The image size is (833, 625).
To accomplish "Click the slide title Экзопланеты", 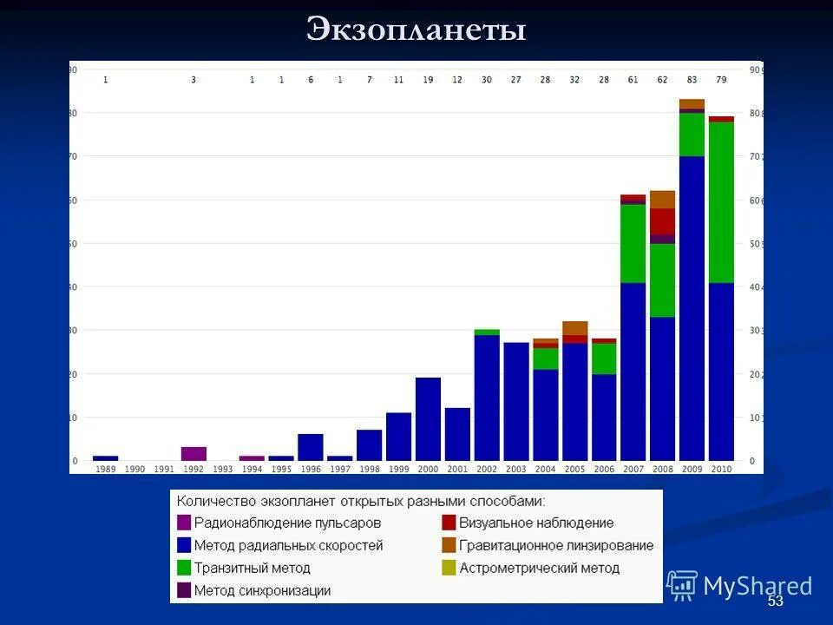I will point(416,30).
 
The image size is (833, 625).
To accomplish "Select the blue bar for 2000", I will point(428,418).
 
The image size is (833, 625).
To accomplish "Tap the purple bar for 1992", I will point(193,453).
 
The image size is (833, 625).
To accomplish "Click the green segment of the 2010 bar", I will point(721,202).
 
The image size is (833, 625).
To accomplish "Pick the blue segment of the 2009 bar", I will point(692,308).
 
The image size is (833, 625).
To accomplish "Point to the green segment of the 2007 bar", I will point(633,243).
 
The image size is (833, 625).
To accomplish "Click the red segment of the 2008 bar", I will point(662,221).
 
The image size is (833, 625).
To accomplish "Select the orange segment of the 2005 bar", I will point(574,328).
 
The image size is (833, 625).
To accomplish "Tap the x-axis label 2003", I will point(515,469).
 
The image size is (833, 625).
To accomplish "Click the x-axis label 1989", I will point(105,469).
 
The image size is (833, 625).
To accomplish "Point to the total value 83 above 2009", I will point(692,80).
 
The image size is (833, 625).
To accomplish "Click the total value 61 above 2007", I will point(633,80).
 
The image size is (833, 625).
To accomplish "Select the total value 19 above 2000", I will point(428,80).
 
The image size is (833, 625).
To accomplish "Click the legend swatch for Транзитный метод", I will point(184,569).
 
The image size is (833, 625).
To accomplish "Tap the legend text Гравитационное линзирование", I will point(556,546).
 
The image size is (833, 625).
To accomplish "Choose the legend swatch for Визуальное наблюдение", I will point(449,523).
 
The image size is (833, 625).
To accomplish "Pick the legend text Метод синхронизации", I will point(262,591).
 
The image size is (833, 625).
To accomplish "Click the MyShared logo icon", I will point(682,586).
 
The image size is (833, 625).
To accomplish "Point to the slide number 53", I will point(775,602).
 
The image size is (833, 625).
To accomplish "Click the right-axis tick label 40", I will point(754,287).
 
